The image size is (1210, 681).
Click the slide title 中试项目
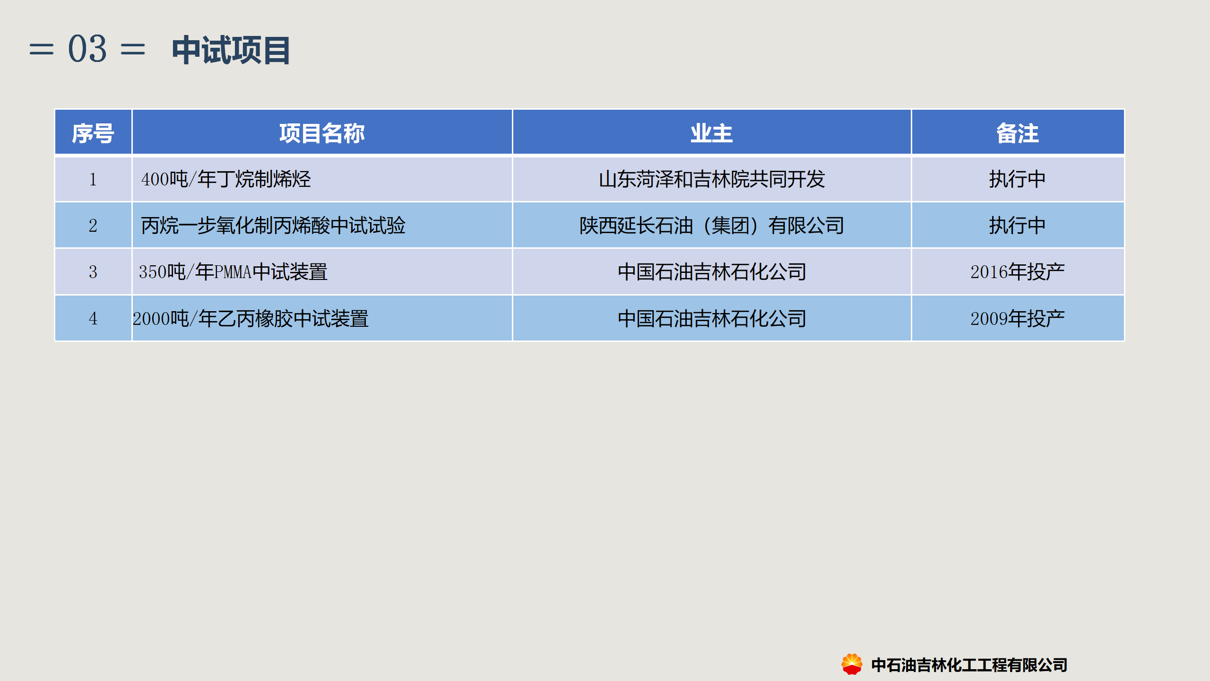231,50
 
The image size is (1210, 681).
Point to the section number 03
87,49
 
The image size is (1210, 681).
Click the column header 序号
93,133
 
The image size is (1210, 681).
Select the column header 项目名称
322,133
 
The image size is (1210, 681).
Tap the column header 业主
711,133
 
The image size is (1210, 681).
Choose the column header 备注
1018,133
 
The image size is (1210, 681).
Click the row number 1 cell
93,179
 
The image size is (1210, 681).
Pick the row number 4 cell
93,318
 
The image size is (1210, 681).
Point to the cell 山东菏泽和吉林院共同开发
712,179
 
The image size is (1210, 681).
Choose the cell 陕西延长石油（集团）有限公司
712,226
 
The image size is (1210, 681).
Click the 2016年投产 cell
1018,272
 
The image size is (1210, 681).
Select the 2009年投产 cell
1018,318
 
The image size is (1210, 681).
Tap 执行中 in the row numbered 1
1018,179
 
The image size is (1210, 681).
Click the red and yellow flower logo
852,664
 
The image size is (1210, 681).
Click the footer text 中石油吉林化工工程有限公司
969,665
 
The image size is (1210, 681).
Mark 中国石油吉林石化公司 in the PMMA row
712,272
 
